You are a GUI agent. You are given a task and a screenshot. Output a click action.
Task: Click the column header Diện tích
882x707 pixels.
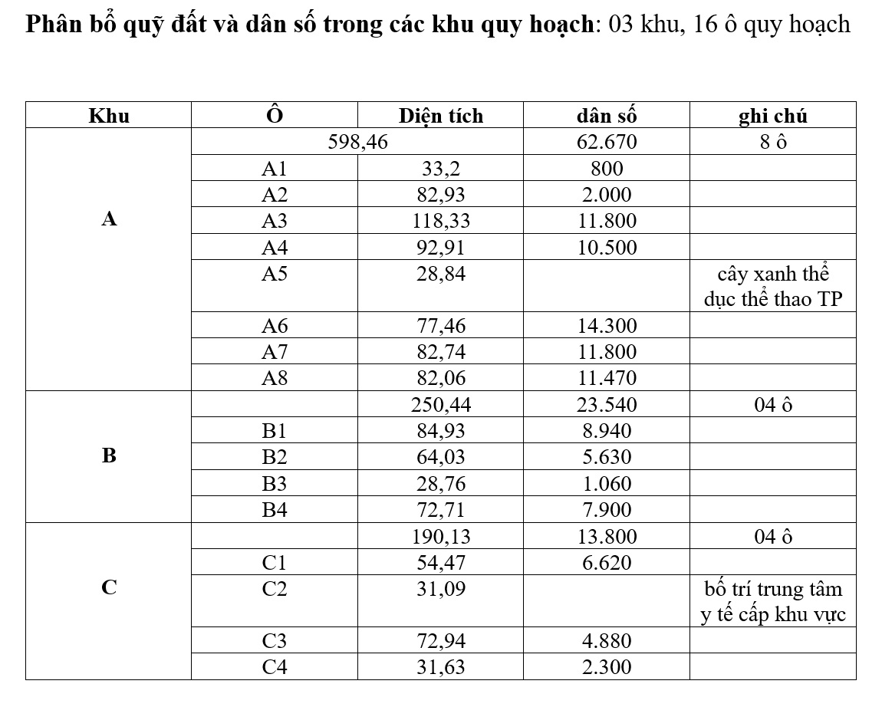click(x=441, y=117)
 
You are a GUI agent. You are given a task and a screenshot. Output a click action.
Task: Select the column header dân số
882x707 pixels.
click(x=607, y=117)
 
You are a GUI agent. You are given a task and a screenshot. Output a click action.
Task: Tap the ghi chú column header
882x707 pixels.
click(x=772, y=117)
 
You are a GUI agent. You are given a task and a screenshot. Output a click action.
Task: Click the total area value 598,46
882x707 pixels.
click(x=358, y=143)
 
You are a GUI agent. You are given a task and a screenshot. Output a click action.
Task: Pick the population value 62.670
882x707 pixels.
click(x=607, y=143)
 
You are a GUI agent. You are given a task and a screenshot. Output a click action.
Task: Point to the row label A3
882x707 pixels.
click(x=274, y=222)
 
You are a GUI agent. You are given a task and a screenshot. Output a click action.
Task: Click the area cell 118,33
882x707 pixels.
click(x=441, y=222)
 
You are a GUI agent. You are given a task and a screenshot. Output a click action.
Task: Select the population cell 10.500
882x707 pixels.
click(x=607, y=248)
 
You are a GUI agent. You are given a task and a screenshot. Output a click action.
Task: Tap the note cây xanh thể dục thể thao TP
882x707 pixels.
click(x=772, y=287)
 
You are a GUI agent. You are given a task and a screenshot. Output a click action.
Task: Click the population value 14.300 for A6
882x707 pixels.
click(x=607, y=326)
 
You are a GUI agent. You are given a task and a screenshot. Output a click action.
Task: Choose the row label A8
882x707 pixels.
click(x=274, y=378)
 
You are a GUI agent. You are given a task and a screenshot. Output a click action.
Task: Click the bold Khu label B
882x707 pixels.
click(x=109, y=456)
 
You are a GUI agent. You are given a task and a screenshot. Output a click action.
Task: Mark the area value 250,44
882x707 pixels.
click(x=441, y=405)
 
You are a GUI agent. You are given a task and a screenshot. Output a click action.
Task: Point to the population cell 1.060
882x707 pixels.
click(x=607, y=484)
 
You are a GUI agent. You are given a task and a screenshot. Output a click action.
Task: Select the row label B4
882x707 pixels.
click(x=274, y=510)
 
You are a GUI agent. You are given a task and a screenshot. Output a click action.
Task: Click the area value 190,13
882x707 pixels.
click(x=441, y=537)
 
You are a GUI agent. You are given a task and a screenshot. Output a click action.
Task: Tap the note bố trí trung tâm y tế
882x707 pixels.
click(x=772, y=602)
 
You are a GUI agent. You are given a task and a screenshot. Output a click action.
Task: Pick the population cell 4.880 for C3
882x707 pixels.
click(x=607, y=641)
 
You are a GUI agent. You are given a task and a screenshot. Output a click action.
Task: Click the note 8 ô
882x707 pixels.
click(x=772, y=143)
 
